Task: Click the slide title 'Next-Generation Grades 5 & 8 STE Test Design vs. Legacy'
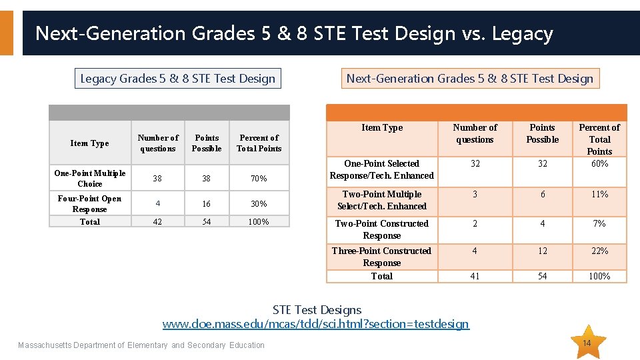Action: (293, 33)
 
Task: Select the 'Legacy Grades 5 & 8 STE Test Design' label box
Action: (177, 79)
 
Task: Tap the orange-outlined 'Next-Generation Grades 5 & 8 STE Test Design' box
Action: (469, 79)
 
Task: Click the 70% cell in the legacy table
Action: (259, 179)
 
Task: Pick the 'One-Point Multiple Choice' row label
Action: (90, 179)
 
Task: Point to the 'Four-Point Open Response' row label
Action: (90, 203)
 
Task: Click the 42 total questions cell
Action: (157, 221)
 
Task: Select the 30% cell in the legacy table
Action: (259, 204)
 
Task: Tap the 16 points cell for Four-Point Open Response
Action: (207, 204)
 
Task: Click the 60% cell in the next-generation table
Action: (599, 163)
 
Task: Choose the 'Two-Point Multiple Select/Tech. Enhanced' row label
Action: (382, 200)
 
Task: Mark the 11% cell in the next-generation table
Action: (599, 194)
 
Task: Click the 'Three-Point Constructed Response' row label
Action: (382, 257)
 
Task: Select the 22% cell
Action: (599, 251)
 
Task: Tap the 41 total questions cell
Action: (475, 276)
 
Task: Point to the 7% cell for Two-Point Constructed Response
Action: (599, 223)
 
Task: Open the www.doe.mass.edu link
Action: (316, 324)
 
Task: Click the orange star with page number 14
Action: (587, 343)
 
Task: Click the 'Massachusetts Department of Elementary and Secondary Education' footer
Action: (141, 345)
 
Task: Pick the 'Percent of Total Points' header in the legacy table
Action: (259, 143)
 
